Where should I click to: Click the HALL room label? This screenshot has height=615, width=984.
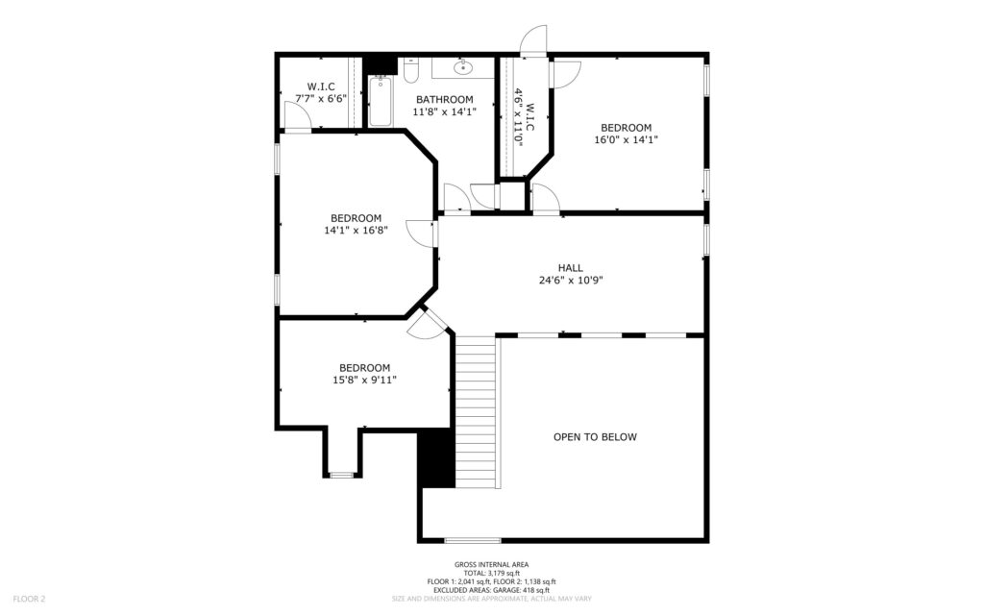tap(571, 268)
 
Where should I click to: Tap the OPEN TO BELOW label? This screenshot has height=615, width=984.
tap(595, 437)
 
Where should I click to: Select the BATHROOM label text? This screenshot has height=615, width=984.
tap(444, 99)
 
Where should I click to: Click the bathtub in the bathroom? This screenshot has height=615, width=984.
tap(380, 100)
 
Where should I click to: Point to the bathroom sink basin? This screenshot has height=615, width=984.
tap(464, 67)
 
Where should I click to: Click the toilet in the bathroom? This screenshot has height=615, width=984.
tap(411, 69)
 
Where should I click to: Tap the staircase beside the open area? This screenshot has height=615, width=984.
tap(477, 411)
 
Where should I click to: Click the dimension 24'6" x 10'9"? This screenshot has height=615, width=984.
tap(571, 281)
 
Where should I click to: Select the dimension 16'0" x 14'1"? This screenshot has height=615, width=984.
tap(626, 140)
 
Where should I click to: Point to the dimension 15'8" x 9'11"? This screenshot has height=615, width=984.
tap(364, 380)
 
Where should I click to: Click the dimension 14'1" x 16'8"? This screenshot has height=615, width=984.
tap(356, 231)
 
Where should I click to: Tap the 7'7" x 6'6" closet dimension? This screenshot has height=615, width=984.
tap(321, 99)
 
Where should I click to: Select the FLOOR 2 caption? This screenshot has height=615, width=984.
tap(29, 599)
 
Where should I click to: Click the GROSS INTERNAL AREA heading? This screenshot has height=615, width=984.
tap(491, 564)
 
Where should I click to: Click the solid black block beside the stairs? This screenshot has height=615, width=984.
tap(436, 458)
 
